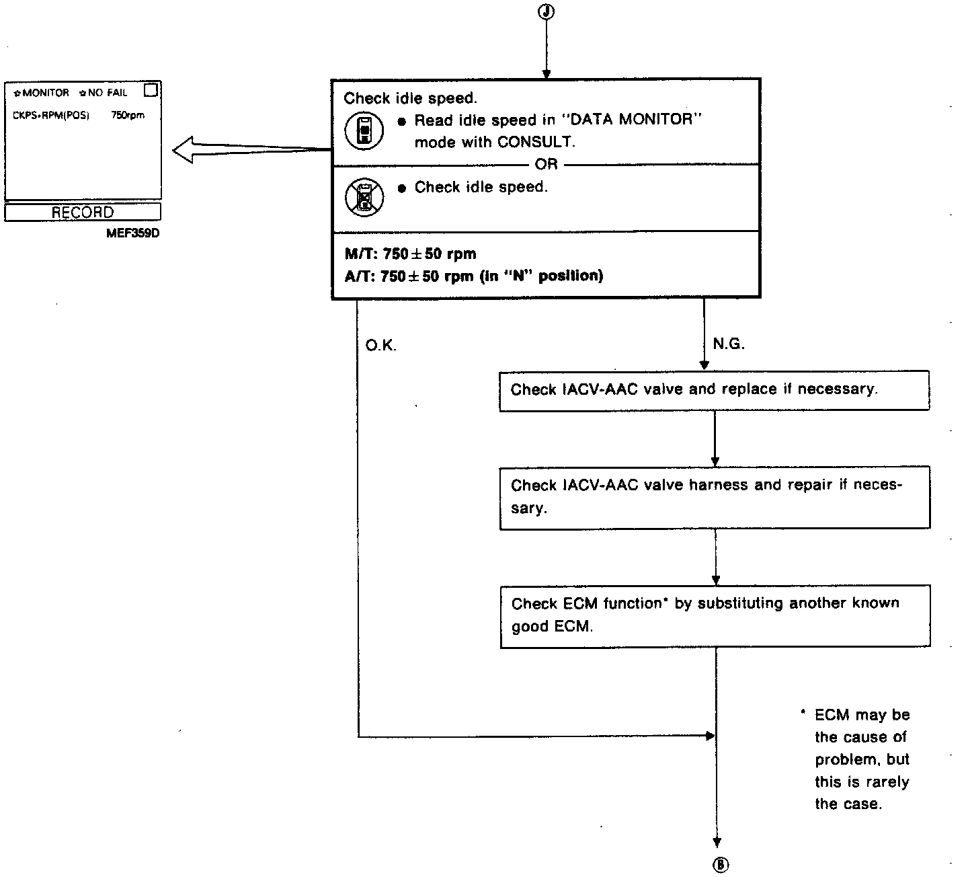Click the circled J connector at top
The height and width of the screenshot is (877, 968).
pos(547,11)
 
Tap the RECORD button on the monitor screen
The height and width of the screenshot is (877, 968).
pos(83,213)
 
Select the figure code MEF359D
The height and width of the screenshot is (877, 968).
pos(132,234)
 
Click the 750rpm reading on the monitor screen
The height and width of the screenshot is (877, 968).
pos(128,116)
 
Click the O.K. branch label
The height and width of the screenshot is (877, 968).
pos(381,346)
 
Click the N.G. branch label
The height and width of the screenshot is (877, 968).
pos(729,344)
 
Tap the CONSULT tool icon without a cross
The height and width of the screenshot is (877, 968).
pos(364,130)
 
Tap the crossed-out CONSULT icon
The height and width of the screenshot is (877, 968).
pos(364,198)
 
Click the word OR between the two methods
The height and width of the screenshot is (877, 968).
pos(546,165)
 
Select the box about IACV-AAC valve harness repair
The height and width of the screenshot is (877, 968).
pos(715,497)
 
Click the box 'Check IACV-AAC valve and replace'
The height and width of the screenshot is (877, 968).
pos(715,390)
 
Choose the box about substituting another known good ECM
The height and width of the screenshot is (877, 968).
pos(715,615)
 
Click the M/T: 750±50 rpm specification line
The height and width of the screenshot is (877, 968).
pos(410,254)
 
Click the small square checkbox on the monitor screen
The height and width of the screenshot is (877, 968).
pos(151,90)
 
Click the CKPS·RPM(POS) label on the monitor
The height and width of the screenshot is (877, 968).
pos(51,116)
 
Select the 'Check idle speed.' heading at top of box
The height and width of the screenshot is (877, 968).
pos(410,98)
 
